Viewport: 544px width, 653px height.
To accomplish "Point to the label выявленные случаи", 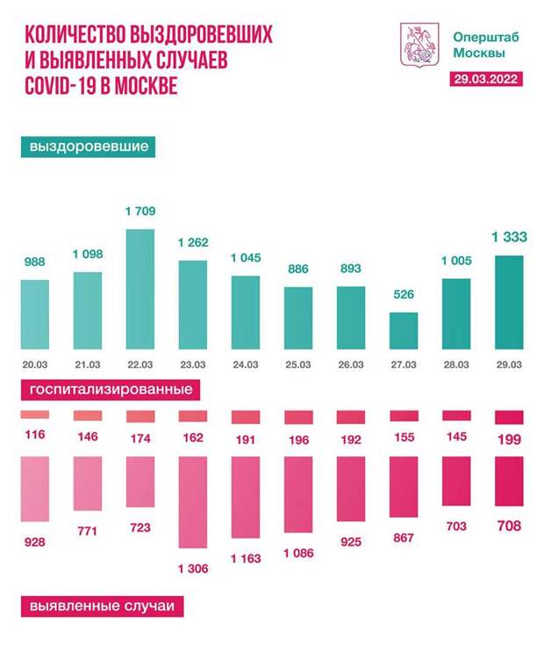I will tap(102, 605).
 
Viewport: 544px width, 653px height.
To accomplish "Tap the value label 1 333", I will tap(509, 238).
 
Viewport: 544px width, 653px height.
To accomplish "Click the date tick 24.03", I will tap(246, 363).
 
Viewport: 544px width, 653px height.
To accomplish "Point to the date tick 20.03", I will tap(35, 363).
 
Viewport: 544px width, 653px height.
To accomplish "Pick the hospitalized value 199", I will tap(509, 439).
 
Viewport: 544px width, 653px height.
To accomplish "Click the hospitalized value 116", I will tap(35, 435).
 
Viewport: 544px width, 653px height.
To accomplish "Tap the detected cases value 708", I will tap(509, 527).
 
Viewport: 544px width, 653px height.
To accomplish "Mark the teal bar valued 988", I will tap(35, 312).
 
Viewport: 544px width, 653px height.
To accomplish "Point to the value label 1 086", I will tap(298, 556).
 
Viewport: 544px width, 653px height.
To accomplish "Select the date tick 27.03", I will tap(404, 363).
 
